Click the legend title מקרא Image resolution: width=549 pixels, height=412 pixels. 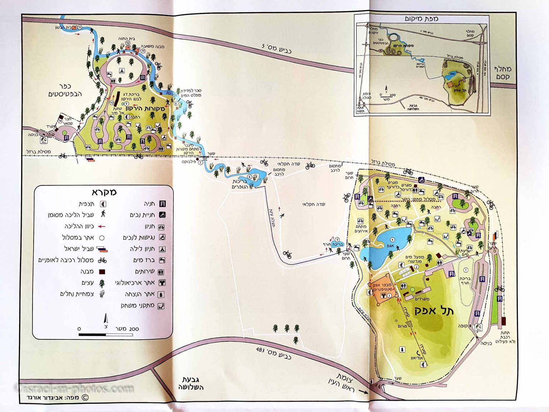[104, 192]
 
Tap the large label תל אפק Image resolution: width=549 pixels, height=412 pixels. [434, 310]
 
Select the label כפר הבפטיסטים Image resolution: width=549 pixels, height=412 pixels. [65, 90]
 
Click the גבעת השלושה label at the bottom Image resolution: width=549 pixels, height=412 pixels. [191, 383]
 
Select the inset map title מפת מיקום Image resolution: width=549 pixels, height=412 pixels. [421, 19]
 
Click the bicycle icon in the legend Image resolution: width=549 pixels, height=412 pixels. [102, 260]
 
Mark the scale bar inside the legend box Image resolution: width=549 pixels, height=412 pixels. [105, 335]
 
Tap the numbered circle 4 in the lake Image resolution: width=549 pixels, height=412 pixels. [392, 240]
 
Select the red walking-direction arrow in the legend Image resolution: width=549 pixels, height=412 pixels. [102, 226]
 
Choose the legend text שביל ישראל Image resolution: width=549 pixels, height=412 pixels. [79, 249]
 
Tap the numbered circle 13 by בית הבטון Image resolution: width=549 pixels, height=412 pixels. [80, 28]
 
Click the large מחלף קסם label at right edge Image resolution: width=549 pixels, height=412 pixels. [503, 73]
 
